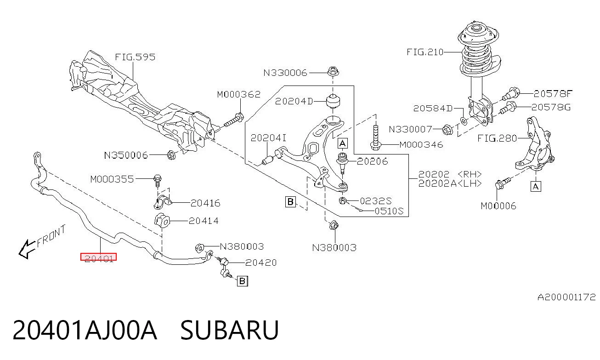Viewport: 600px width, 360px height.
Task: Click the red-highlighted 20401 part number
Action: tap(99, 257)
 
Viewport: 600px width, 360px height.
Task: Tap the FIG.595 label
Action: tap(135, 57)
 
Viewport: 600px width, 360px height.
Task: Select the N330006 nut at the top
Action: tap(333, 72)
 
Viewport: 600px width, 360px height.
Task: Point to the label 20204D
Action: tap(294, 101)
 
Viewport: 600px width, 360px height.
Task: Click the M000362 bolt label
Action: tap(238, 94)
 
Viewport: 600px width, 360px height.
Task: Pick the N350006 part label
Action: tap(126, 155)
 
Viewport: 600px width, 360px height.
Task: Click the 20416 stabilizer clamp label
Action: tap(205, 203)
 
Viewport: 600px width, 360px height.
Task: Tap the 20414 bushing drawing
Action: tap(162, 221)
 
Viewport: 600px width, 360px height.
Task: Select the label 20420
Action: tap(261, 263)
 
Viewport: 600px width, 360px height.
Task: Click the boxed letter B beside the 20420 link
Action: tap(243, 281)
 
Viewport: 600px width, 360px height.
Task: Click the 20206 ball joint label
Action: tap(372, 161)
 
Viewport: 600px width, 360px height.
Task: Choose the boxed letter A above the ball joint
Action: tap(343, 143)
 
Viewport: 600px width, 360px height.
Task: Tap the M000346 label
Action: tap(421, 145)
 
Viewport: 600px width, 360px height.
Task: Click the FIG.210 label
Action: tap(425, 52)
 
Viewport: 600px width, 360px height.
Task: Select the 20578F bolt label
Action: tap(553, 93)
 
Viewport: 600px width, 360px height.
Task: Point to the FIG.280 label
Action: tap(497, 138)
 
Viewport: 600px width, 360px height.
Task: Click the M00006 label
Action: tap(498, 206)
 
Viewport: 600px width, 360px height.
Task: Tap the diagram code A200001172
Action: tap(566, 297)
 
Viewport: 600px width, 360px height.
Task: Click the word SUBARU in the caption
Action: tap(230, 330)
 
